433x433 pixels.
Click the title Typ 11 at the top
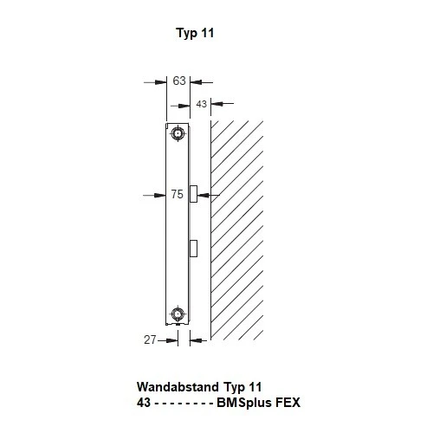pyautogui.click(x=194, y=34)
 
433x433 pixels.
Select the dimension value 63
pyautogui.click(x=179, y=81)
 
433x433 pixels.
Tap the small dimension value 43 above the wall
pyautogui.click(x=200, y=104)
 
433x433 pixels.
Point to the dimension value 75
pyautogui.click(x=177, y=195)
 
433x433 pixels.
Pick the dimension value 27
pyautogui.click(x=150, y=340)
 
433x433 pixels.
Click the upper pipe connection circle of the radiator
pyautogui.click(x=178, y=133)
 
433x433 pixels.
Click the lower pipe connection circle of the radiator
pyautogui.click(x=178, y=314)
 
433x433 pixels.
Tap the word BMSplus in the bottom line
pyautogui.click(x=242, y=404)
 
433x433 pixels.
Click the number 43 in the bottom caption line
pyautogui.click(x=145, y=404)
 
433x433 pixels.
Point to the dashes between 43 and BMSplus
pyautogui.click(x=184, y=404)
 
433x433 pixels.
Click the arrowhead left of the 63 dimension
pyautogui.click(x=161, y=82)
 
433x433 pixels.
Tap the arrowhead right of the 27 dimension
pyautogui.click(x=196, y=340)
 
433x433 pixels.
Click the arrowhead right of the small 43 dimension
pyautogui.click(x=216, y=106)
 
